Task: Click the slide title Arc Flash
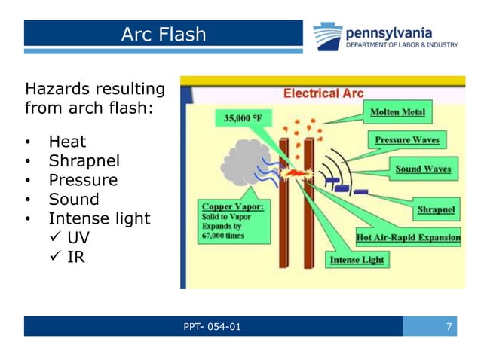(163, 34)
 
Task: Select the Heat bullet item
(67, 142)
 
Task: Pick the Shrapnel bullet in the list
(84, 161)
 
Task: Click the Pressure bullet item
(83, 180)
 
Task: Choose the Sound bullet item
(74, 200)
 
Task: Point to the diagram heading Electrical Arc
(323, 94)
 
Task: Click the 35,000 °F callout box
(242, 118)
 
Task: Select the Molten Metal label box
(397, 113)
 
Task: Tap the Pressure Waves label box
(407, 140)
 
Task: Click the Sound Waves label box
(423, 169)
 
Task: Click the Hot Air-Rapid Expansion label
(407, 238)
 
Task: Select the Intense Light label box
(357, 260)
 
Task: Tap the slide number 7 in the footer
(449, 327)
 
